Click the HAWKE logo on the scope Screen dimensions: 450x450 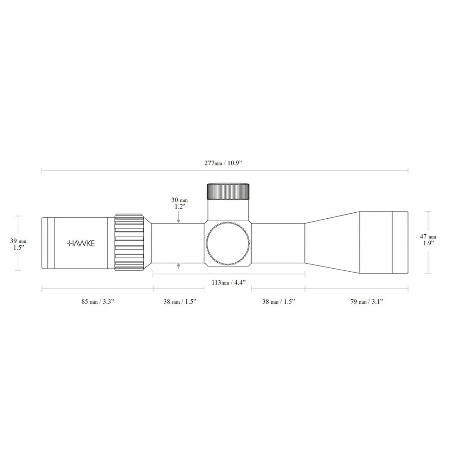[81, 244]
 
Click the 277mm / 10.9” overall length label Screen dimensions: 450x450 [224, 163]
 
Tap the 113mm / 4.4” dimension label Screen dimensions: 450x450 [229, 283]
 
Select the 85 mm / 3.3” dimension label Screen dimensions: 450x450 [98, 302]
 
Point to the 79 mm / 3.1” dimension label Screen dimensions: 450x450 [367, 302]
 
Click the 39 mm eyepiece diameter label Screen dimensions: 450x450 [18, 241]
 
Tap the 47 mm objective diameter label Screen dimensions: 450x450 [428, 237]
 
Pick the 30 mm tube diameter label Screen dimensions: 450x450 [179, 200]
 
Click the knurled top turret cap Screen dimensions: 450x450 [228, 192]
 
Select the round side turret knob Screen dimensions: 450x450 [228, 243]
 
